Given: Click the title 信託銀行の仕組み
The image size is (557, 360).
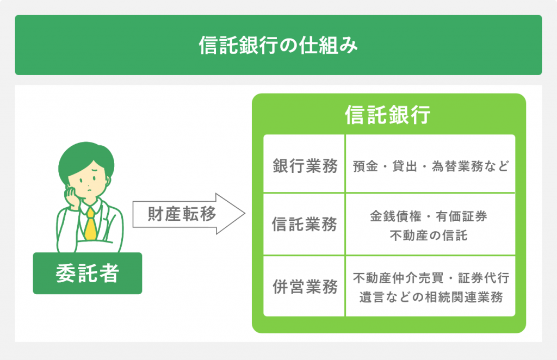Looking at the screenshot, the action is tap(278, 45).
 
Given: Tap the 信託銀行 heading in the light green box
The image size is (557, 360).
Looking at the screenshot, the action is tap(387, 115).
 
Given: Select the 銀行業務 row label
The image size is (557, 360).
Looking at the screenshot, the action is tap(305, 166).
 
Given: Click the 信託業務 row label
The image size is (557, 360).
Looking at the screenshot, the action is tap(305, 225).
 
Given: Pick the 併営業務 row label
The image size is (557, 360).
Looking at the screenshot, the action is tap(305, 287).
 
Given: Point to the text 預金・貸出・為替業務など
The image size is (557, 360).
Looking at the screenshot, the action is tap(431, 166).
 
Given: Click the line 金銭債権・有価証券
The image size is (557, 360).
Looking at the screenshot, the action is tap(429, 216).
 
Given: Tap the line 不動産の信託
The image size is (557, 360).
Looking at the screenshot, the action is tap(429, 235).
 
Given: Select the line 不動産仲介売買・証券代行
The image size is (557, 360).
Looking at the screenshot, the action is tap(431, 278).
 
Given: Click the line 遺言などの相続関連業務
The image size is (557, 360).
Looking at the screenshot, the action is tap(431, 297).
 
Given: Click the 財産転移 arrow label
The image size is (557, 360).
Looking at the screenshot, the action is tap(182, 214).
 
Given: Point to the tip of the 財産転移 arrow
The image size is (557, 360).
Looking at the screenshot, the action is tap(245, 214).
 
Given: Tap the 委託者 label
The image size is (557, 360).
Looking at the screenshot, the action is tap(88, 273).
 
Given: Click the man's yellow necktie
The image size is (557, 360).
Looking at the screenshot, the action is tap(91, 224).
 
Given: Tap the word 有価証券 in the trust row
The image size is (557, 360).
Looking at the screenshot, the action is tap(461, 216).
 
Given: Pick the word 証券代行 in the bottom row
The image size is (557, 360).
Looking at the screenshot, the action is tap(484, 278).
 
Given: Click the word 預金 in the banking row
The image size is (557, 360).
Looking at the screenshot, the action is tap(366, 166).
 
